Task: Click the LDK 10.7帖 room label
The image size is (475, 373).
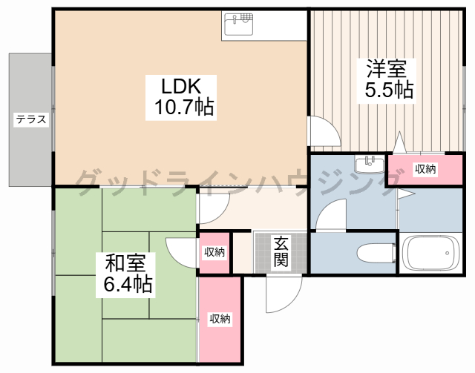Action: click(181, 97)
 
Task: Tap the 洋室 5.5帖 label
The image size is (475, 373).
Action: click(387, 81)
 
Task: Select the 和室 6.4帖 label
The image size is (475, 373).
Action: click(125, 275)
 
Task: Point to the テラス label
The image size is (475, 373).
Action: click(31, 119)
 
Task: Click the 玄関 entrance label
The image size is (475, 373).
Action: click(281, 252)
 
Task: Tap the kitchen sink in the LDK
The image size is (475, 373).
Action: click(239, 24)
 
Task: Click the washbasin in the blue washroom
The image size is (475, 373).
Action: click(370, 165)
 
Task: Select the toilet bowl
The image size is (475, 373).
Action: click(376, 253)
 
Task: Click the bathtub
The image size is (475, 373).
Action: click(430, 254)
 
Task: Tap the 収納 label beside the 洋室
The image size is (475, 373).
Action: click(425, 169)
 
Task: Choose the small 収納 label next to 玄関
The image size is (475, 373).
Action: click(214, 251)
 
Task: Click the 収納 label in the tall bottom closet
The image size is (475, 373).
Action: click(220, 319)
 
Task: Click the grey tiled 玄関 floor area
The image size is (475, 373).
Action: click(281, 252)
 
